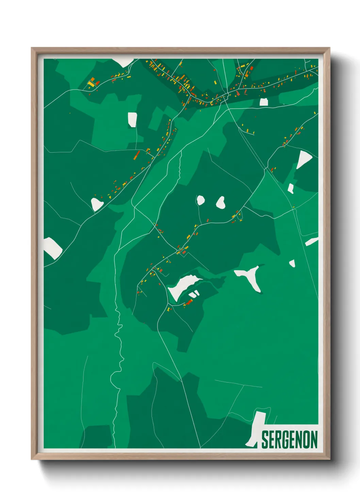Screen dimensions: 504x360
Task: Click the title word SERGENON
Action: click(289, 440)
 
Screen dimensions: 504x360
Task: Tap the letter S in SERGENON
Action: click(265, 440)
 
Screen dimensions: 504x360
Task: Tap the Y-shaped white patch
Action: click(251, 276)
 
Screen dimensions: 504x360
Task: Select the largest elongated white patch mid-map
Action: click(182, 286)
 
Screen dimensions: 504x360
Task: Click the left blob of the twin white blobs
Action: click(200, 200)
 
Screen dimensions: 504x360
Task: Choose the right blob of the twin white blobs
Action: click(221, 203)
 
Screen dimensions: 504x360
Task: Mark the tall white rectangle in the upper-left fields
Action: click(132, 120)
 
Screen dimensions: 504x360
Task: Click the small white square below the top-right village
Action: click(264, 102)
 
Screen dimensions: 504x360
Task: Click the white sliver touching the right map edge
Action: click(312, 241)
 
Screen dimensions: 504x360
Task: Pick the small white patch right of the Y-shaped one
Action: click(292, 263)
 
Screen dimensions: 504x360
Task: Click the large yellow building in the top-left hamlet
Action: click(91, 83)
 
